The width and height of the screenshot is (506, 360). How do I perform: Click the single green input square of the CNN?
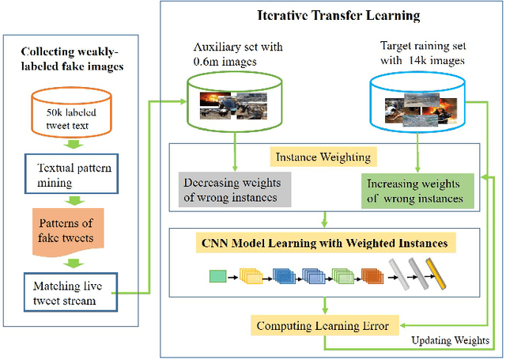point(217,276)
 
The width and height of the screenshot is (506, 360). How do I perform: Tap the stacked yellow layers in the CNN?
point(252,276)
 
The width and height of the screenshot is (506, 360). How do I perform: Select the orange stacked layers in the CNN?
point(370,276)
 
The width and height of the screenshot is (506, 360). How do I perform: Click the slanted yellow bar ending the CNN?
point(433,275)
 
